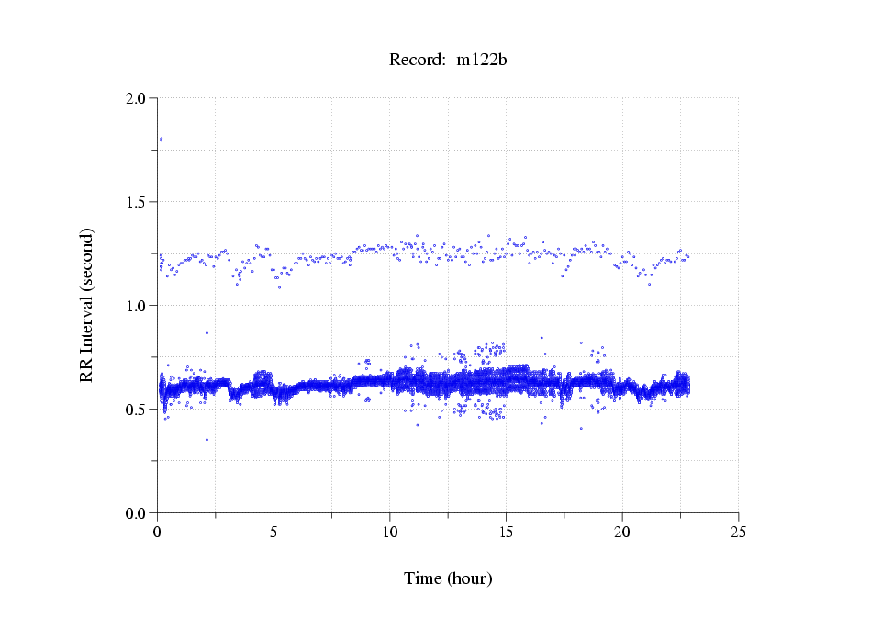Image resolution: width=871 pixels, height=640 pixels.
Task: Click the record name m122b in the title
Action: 482,60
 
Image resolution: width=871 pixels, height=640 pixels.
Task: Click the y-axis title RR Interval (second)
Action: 86,305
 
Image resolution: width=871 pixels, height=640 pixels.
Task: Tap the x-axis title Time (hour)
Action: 448,578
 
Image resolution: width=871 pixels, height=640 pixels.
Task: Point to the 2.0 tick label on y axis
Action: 136,98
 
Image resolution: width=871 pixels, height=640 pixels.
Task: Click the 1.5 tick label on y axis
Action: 136,202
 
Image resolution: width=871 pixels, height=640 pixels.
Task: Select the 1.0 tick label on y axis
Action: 136,306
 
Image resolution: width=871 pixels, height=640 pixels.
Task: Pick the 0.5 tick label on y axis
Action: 136,410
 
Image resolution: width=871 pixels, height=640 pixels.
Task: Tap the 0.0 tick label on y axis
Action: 136,513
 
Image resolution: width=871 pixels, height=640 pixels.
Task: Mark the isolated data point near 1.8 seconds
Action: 161,140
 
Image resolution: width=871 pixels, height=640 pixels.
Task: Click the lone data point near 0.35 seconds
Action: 207,440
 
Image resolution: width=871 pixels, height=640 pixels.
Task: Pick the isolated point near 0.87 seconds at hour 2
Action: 207,332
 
